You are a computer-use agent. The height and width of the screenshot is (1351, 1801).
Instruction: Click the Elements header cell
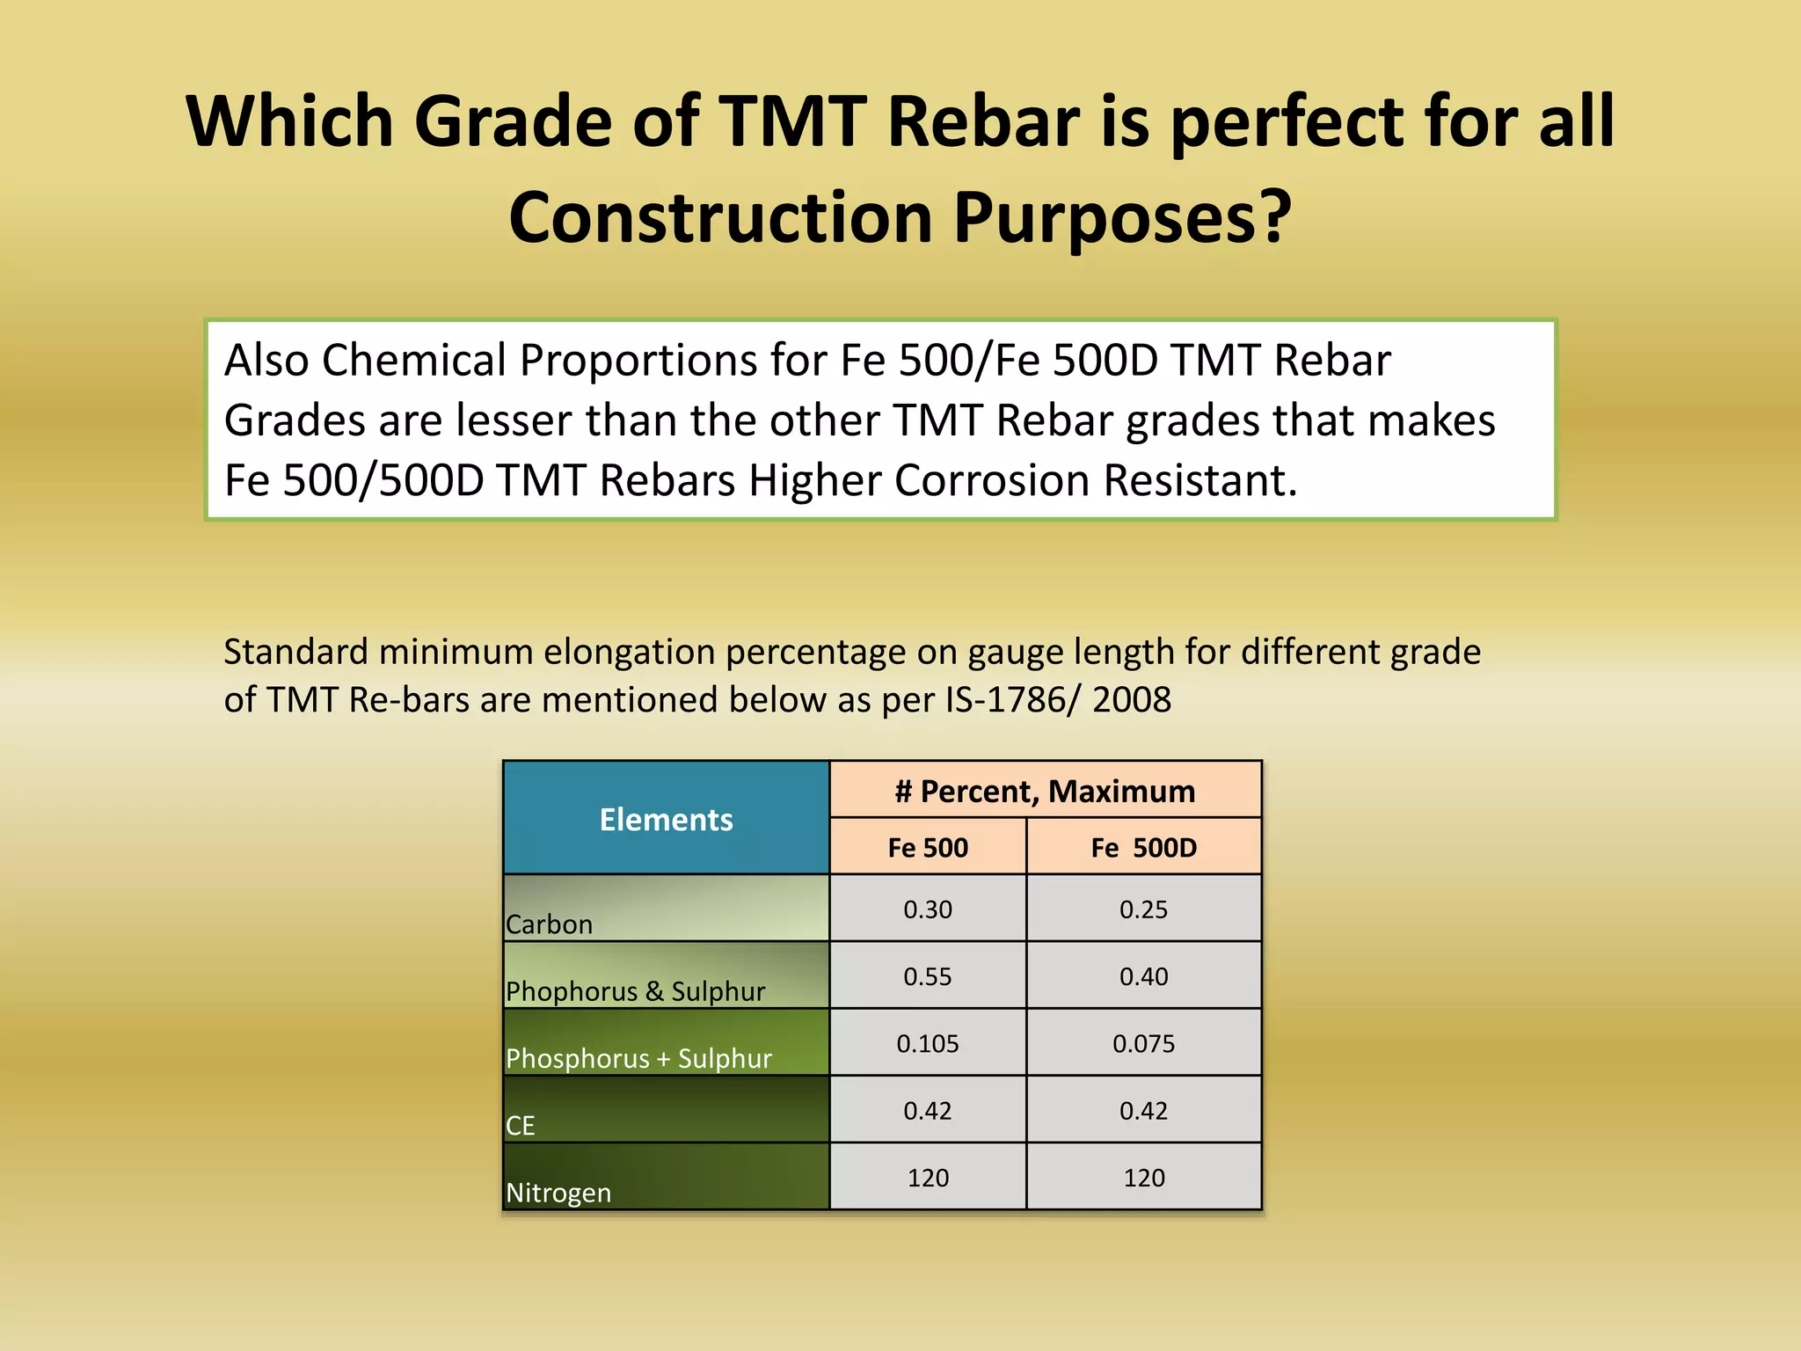pos(666,819)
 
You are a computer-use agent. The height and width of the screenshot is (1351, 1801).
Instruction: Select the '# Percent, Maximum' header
pos(1045,791)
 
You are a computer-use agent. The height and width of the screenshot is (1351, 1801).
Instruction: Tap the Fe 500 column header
pos(928,847)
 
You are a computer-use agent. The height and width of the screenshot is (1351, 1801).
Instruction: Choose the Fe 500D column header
pos(1143,847)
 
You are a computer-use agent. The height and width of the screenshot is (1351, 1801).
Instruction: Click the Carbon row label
pos(550,924)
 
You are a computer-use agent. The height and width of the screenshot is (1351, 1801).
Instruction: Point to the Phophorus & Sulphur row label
pos(635,990)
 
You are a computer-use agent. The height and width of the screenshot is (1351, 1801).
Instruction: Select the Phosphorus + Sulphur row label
pos(638,1057)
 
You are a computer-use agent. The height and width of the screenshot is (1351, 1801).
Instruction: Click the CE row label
pos(521,1125)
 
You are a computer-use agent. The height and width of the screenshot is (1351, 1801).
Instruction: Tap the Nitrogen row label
pos(558,1192)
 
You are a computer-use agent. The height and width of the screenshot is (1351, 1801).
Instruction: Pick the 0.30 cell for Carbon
pos(928,909)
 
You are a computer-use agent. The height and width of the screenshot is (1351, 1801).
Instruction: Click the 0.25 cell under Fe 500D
pos(1143,909)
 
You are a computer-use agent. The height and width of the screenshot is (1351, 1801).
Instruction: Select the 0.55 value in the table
pos(928,975)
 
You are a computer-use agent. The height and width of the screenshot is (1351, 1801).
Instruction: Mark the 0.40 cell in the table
pos(1143,975)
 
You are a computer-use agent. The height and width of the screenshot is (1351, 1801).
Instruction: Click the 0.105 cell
pos(928,1043)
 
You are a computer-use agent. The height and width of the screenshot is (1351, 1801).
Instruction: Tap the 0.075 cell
pos(1143,1043)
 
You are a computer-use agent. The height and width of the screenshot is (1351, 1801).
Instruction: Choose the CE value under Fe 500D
pos(1143,1110)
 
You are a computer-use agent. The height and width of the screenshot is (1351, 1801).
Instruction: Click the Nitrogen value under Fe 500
pos(928,1177)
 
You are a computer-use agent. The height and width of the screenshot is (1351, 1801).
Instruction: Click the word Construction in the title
pos(720,217)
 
